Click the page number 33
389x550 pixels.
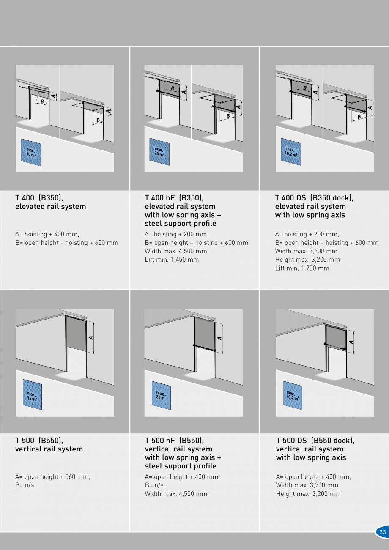point(382,532)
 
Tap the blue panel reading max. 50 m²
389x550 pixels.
point(31,153)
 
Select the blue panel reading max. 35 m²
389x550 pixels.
point(32,394)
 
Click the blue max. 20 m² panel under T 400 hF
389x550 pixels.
point(159,152)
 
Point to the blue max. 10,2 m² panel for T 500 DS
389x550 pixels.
point(293,395)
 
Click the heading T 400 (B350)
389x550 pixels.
point(39,198)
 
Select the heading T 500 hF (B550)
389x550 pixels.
point(174,440)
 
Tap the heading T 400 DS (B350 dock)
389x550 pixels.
point(314,198)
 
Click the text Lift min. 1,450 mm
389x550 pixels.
point(172,260)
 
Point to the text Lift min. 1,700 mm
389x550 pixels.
point(302,268)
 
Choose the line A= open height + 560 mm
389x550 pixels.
point(52,476)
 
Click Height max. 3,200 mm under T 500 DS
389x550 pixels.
point(308,494)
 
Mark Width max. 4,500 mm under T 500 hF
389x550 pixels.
point(176,494)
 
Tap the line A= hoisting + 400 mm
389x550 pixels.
point(47,234)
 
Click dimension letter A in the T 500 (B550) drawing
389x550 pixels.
point(91,338)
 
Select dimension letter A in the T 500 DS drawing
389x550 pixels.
point(351,342)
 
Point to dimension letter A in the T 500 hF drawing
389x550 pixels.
point(219,338)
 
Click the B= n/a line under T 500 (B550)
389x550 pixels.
point(25,485)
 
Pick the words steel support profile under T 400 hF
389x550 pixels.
point(181,224)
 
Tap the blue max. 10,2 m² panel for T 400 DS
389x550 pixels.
point(291,152)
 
